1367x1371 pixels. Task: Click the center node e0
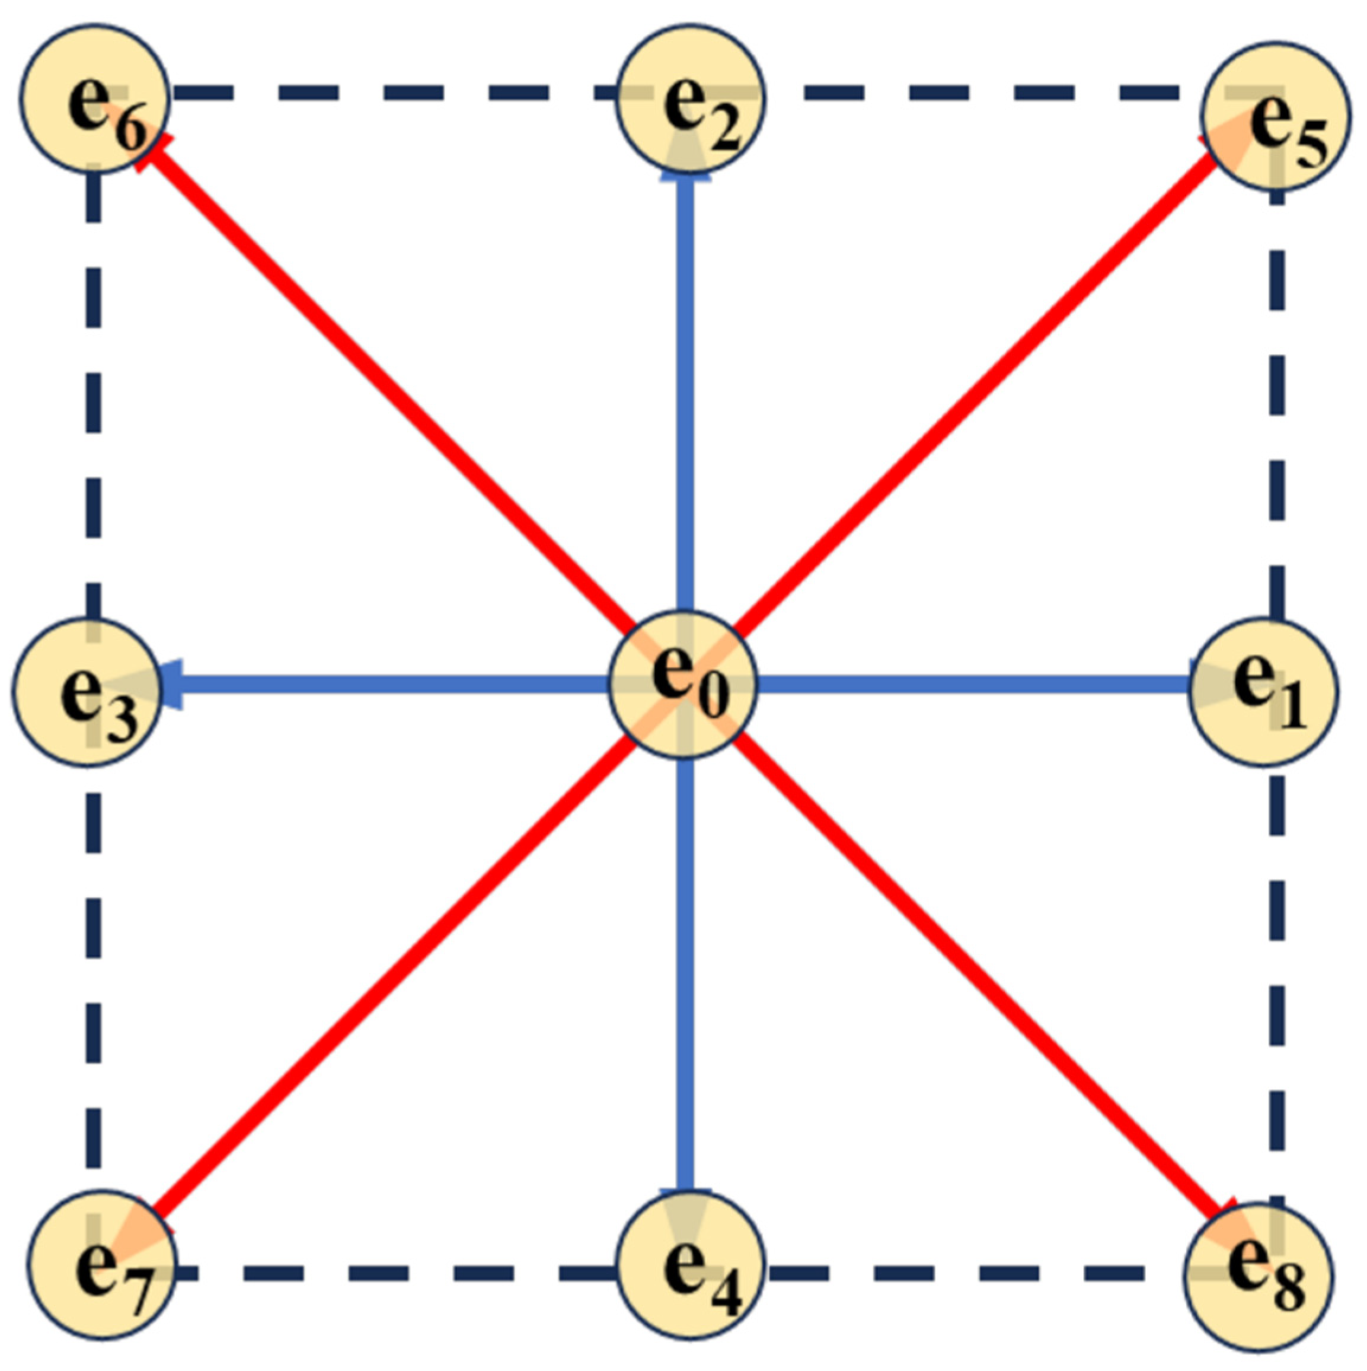pos(683,685)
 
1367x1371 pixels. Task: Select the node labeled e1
pos(1263,692)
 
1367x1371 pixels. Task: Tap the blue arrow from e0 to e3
pos(391,685)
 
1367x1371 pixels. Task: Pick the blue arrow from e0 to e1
pos(972,685)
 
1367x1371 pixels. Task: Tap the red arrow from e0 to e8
pos(979,983)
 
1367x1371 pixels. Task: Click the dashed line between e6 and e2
pos(391,92)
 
